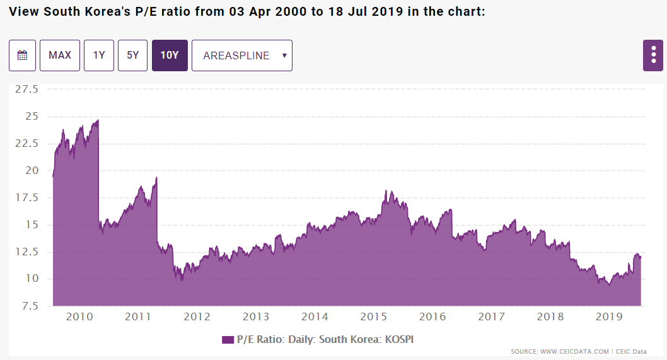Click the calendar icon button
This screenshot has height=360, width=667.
point(22,55)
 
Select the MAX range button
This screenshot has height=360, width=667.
point(60,55)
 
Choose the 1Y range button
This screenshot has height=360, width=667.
point(99,55)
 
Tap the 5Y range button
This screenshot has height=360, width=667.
point(132,55)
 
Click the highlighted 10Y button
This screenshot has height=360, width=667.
point(170,55)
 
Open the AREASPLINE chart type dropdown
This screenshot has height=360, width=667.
point(242,55)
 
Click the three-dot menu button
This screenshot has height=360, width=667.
point(654,55)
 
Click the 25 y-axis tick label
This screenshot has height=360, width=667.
point(32,117)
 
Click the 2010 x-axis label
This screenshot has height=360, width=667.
point(79,316)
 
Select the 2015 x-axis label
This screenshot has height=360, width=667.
point(374,316)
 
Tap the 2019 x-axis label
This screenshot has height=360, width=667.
point(609,316)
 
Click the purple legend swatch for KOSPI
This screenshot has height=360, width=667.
point(228,340)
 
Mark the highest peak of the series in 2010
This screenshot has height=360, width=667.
point(98,120)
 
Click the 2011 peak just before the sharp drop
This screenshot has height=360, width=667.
point(156,178)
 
